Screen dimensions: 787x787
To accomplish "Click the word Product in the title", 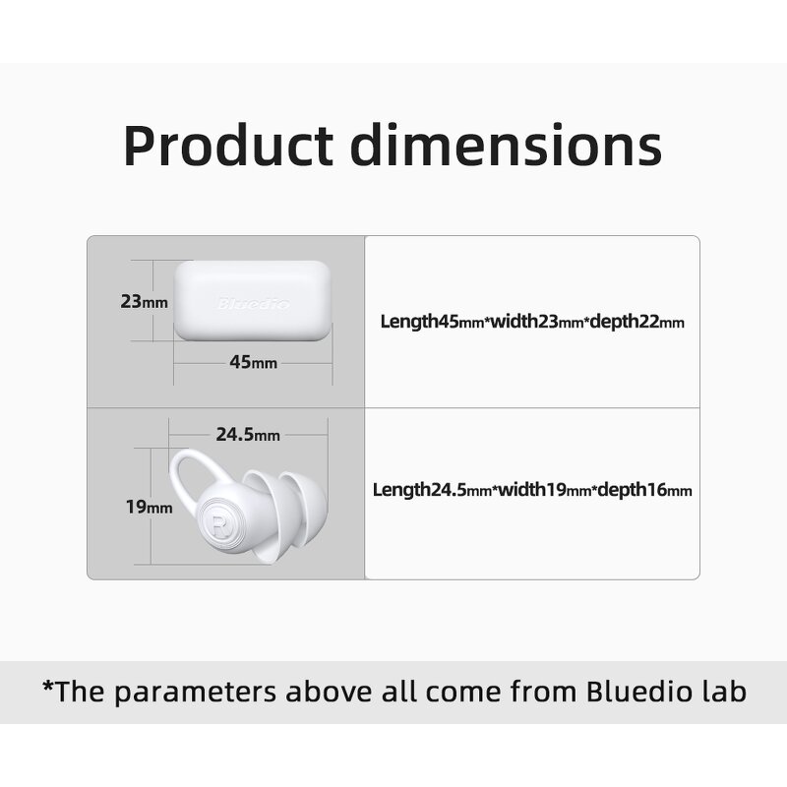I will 228,145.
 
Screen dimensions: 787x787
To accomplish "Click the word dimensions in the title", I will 507,145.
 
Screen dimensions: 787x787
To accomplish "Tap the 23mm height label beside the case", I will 144,302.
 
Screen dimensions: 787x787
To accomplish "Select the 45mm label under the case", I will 253,362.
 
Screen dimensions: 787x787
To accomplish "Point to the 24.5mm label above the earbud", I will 248,434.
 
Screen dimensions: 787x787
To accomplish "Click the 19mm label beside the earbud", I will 149,508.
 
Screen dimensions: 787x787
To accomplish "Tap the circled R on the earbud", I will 217,522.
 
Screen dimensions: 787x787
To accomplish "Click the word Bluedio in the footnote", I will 636,691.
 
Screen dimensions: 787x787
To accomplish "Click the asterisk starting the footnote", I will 46,688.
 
